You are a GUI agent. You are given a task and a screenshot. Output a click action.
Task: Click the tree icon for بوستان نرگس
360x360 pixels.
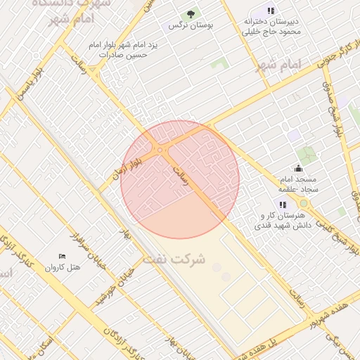tap(191, 13)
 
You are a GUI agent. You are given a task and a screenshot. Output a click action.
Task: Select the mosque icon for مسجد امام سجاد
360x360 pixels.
tap(298, 168)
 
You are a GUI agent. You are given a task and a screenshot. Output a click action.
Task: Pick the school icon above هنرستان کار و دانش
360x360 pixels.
tap(283, 205)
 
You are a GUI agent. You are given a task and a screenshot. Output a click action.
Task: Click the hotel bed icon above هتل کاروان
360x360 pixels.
tap(63, 257)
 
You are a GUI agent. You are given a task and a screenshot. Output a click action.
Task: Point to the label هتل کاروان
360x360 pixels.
tap(63, 268)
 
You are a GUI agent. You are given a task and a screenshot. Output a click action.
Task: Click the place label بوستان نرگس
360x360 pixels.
tap(191, 25)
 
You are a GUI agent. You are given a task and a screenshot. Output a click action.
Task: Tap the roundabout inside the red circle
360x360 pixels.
tap(161, 150)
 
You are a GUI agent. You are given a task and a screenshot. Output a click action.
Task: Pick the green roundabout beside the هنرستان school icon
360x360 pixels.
tap(304, 204)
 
